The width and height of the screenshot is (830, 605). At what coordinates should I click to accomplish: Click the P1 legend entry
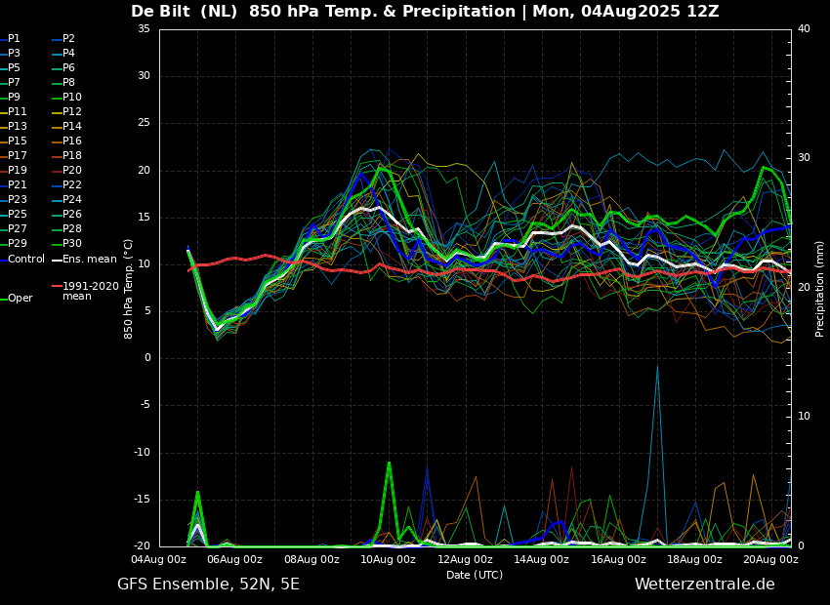click(x=11, y=39)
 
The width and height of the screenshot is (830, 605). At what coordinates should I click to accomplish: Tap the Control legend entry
click(x=22, y=260)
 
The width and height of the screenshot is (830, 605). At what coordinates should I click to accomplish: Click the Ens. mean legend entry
click(x=84, y=260)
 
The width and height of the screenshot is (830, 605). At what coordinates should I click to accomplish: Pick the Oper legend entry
click(x=17, y=299)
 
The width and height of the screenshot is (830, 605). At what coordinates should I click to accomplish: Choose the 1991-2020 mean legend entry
click(x=86, y=291)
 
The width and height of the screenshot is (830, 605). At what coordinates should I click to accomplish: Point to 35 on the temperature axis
click(x=144, y=28)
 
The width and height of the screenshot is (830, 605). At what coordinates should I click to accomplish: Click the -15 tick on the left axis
click(x=143, y=500)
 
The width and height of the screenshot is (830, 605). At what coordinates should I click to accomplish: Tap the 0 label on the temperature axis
click(x=147, y=358)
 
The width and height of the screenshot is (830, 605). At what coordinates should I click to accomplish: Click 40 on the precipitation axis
click(x=804, y=28)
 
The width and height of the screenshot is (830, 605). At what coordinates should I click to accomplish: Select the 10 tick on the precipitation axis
click(x=804, y=417)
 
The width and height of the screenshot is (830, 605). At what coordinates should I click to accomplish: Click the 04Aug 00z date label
click(x=159, y=559)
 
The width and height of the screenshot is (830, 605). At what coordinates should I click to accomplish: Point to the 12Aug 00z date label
click(x=465, y=559)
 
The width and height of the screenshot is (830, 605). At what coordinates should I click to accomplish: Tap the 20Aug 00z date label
click(x=771, y=559)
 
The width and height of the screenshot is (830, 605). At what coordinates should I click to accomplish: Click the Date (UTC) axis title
click(x=475, y=575)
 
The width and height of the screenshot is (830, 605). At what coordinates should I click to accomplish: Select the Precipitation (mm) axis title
click(x=820, y=287)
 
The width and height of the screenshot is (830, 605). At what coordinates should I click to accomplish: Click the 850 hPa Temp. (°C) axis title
click(x=128, y=289)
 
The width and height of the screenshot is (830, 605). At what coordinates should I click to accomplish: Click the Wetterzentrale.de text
click(x=705, y=585)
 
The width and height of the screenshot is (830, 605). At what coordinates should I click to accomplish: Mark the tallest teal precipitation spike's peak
click(x=657, y=366)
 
